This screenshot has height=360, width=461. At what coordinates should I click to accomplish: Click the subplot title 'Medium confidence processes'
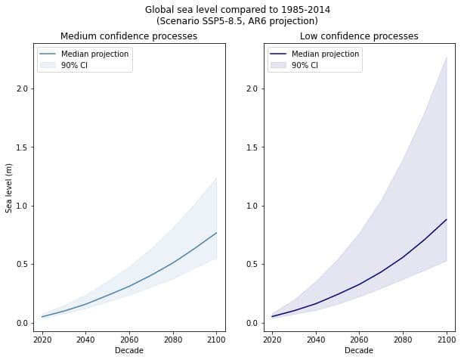128,36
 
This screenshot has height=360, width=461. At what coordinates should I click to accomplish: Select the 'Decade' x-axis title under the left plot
128,351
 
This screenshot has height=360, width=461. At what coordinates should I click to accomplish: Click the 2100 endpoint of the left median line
216,233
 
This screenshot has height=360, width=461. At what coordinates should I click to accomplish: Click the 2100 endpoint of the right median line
447,219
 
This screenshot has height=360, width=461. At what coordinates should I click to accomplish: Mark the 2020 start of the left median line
42,317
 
